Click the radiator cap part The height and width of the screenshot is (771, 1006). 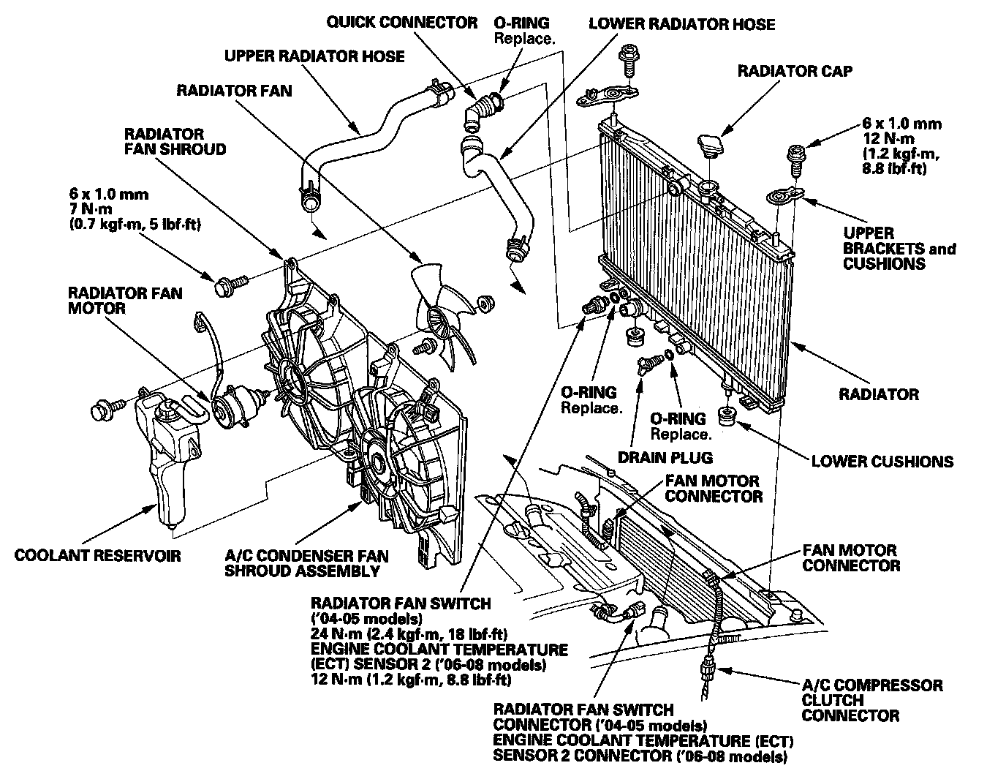click(711, 144)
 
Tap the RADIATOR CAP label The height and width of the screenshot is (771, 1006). click(794, 71)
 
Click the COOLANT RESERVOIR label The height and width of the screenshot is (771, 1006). click(97, 555)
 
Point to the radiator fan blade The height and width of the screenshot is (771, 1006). click(443, 315)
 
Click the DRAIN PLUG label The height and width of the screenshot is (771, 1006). click(665, 459)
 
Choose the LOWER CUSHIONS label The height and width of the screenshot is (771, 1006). click(882, 462)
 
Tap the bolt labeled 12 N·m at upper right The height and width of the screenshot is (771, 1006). click(795, 158)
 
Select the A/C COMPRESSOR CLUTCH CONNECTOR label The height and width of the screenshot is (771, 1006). click(871, 700)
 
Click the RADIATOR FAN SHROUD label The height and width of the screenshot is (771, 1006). click(175, 142)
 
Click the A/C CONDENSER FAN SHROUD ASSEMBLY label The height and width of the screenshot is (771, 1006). click(306, 563)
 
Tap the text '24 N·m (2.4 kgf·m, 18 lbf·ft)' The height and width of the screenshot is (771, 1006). click(409, 633)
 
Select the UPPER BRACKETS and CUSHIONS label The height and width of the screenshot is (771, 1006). click(899, 249)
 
